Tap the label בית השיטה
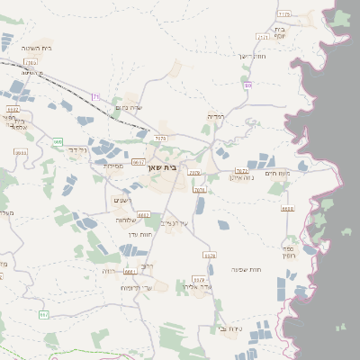[x=34, y=48]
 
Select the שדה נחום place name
[x=130, y=107]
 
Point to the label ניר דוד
[x=79, y=148]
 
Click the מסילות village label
[x=113, y=165]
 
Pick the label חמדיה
[x=216, y=116]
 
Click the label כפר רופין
[x=312, y=251]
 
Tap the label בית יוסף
[x=280, y=33]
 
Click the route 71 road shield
[x=96, y=96]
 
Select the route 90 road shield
[x=247, y=85]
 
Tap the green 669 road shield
[x=58, y=142]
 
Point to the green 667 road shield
[x=43, y=314]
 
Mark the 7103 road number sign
[x=31, y=63]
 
